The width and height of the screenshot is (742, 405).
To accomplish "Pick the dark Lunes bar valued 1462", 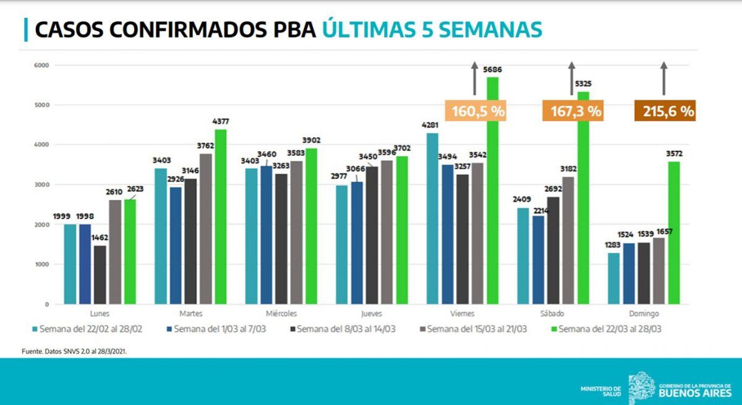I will (x=100, y=275).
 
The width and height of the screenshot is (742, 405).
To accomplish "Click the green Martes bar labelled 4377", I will (x=220, y=216).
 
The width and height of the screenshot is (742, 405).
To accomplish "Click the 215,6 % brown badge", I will (x=665, y=111).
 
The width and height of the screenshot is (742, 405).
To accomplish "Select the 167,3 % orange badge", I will (x=572, y=111).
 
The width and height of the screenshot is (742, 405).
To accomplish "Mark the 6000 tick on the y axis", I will (x=41, y=65).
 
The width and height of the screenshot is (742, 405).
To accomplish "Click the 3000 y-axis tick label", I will (x=41, y=185).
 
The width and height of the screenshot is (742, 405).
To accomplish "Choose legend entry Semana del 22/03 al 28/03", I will (x=610, y=330).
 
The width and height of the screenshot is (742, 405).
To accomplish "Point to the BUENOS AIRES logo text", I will (x=695, y=392).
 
